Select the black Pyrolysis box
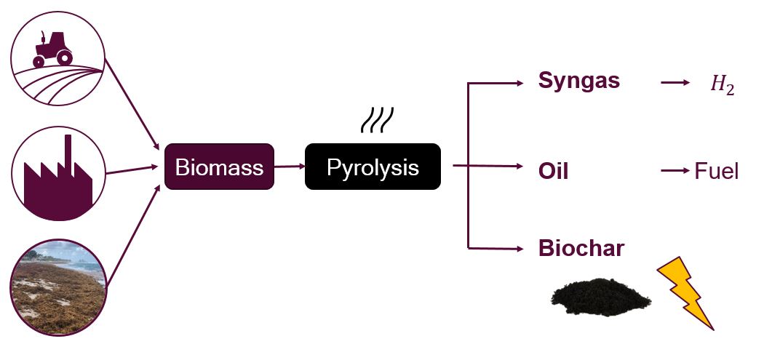coord(373,167)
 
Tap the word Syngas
coord(578,81)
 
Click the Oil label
coord(553,172)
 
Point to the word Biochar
coord(581,249)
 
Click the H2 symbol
coord(722,85)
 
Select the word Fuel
coord(717,172)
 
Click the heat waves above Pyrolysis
coord(377,121)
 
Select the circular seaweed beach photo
coord(59,287)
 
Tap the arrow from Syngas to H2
coord(674,82)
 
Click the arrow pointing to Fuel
coord(674,171)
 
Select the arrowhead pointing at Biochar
coord(519,249)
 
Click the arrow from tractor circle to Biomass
coord(133,103)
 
